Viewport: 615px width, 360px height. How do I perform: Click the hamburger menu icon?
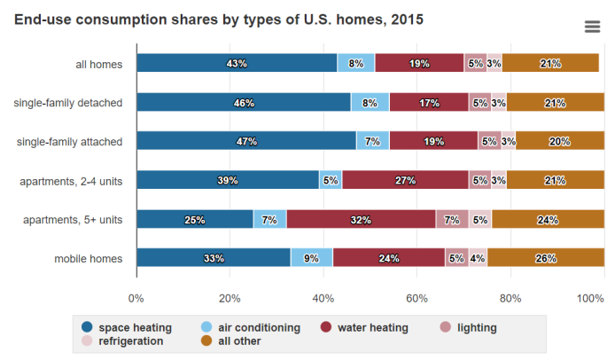point(593,27)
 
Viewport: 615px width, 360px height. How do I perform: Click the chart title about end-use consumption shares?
point(219,19)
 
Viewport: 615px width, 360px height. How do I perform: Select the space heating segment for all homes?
point(237,63)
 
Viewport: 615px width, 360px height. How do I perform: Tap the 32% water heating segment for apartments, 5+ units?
point(361,219)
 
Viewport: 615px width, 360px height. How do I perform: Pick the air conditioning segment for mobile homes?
point(312,258)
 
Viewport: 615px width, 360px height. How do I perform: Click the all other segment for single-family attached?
point(559,141)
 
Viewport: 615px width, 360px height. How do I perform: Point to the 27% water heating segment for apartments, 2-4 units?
point(405,180)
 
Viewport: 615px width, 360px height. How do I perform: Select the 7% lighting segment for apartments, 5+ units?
point(452,219)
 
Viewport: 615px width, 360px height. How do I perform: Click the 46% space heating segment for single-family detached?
point(244,102)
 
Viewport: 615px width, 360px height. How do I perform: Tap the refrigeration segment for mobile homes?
point(478,258)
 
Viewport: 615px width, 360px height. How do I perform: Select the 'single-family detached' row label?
point(68,102)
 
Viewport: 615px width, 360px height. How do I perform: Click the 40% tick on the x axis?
point(323,299)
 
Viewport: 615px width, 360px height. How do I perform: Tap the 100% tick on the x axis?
point(590,299)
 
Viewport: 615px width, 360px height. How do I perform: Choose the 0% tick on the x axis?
point(136,299)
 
